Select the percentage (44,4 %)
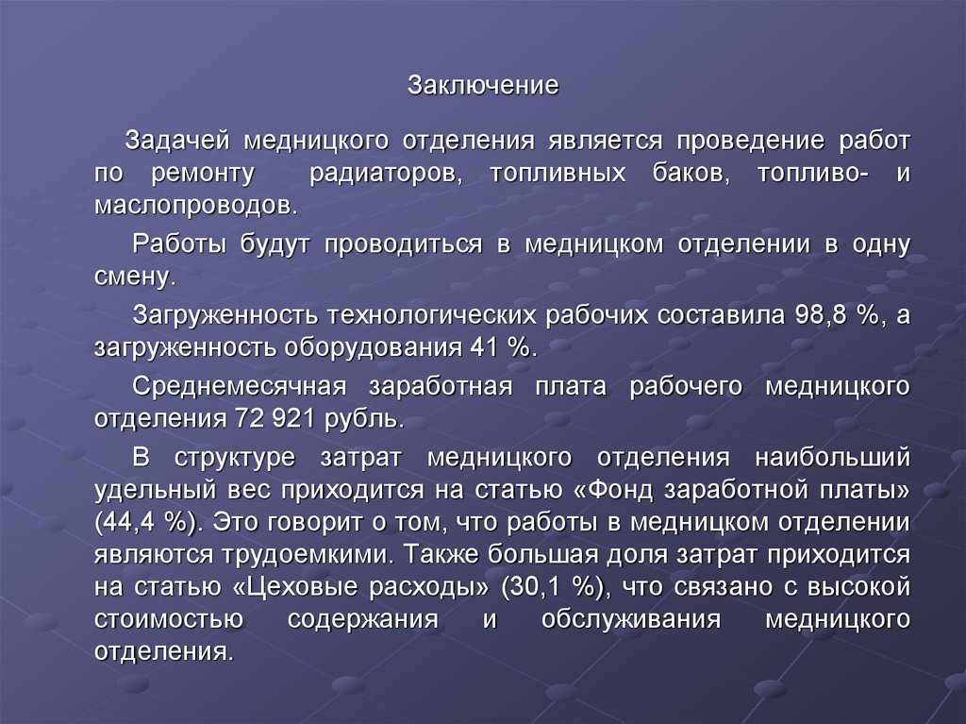click(151, 522)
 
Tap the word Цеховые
click(300, 586)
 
